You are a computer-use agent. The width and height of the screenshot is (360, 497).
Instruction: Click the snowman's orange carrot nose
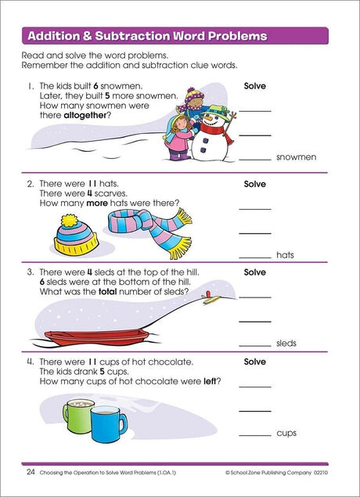click(207, 119)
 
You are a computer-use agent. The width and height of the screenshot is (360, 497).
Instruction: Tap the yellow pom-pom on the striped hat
click(69, 220)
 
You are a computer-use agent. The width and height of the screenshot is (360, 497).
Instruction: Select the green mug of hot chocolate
click(77, 416)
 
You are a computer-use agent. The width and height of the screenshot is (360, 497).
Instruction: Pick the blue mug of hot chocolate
click(108, 424)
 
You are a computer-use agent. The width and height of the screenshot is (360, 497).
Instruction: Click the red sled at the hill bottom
click(97, 337)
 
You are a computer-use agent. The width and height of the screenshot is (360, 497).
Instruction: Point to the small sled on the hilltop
click(211, 298)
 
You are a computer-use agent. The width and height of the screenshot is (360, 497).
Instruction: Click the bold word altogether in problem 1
click(85, 116)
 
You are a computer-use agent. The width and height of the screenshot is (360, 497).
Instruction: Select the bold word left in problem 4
click(209, 381)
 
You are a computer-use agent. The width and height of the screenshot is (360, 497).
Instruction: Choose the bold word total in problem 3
click(108, 292)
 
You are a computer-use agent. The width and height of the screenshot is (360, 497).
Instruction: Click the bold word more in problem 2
click(97, 203)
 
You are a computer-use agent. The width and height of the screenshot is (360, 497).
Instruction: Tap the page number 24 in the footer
click(31, 472)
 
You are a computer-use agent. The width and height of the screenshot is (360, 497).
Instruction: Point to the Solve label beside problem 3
click(255, 272)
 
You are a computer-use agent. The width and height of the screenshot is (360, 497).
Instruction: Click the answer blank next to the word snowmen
click(255, 160)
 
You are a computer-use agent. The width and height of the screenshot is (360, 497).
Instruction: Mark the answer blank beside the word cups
click(255, 435)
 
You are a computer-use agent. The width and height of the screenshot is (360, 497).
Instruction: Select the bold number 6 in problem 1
click(95, 86)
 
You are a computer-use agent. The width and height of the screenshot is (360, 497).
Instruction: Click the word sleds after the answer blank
click(286, 344)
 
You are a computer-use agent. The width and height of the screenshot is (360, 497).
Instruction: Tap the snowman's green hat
click(214, 112)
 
